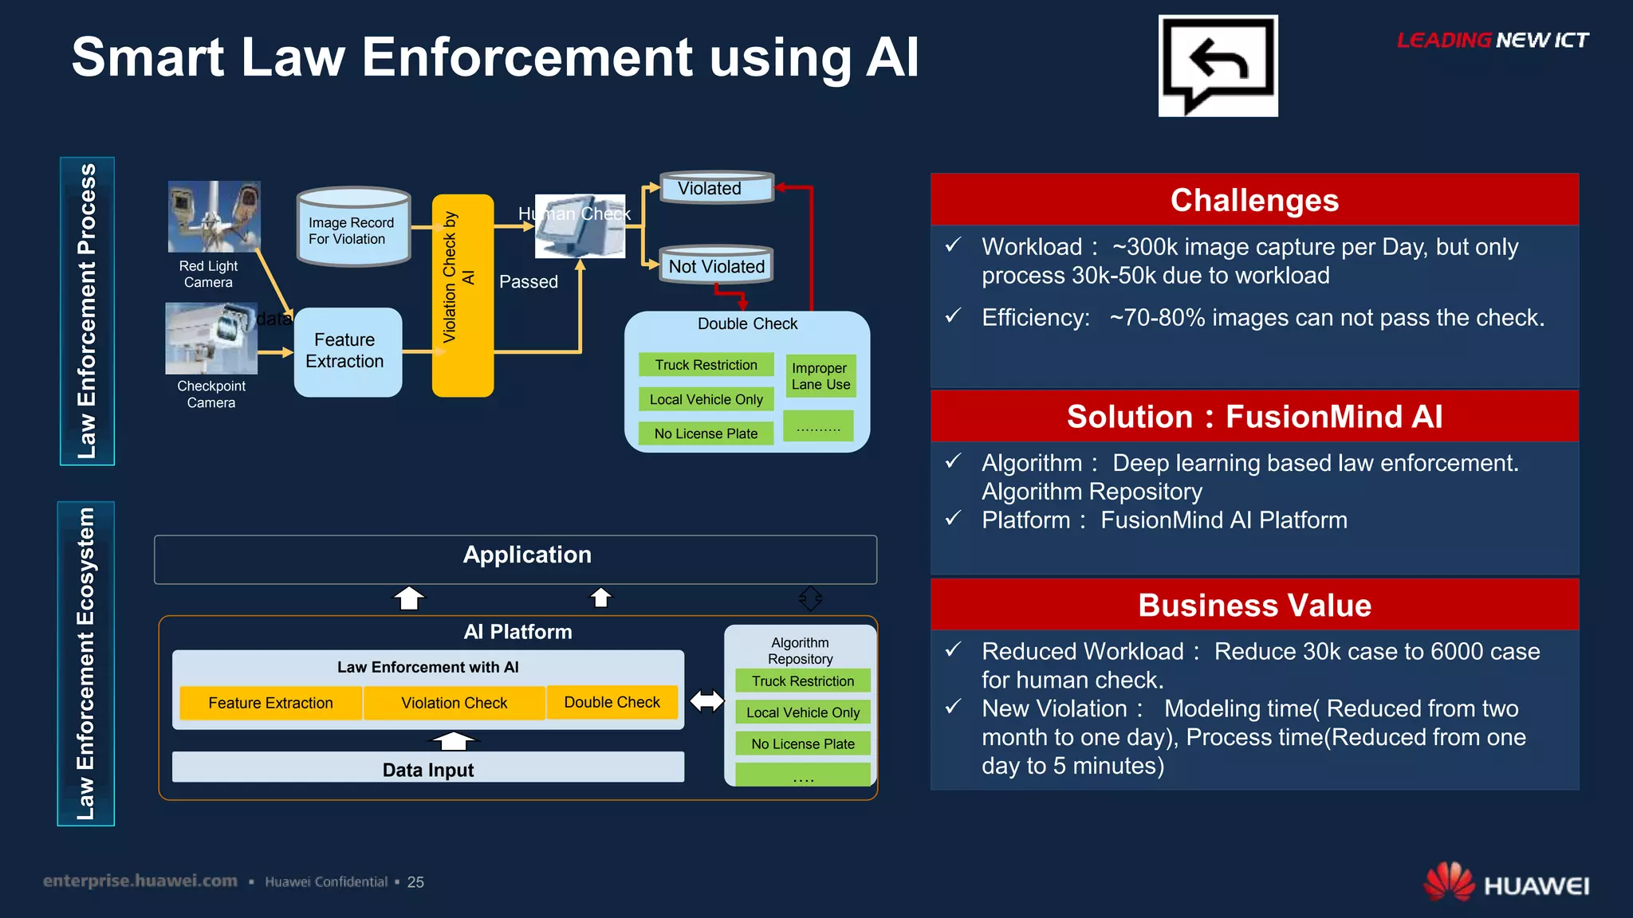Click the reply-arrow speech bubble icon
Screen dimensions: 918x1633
click(x=1218, y=65)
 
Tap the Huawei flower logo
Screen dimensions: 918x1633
click(x=1449, y=882)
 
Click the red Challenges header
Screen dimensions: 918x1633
click(x=1254, y=200)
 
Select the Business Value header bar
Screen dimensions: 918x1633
click(x=1254, y=605)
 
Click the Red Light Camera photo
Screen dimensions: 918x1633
click(x=214, y=216)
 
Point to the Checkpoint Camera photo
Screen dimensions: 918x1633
click(x=211, y=338)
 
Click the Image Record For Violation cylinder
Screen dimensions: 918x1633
click(x=353, y=228)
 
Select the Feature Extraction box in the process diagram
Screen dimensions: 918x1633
click(x=348, y=351)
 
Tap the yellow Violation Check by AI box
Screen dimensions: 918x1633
click(x=462, y=295)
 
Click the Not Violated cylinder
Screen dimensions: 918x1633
click(x=716, y=265)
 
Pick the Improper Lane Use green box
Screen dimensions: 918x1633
click(x=820, y=376)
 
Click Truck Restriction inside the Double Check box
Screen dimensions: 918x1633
click(x=706, y=365)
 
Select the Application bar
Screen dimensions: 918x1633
click(x=515, y=559)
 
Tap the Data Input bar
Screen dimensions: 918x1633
click(x=428, y=768)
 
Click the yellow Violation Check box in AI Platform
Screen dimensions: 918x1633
click(x=454, y=703)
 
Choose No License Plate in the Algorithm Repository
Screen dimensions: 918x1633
click(x=802, y=743)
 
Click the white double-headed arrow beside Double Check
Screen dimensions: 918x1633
click(x=706, y=701)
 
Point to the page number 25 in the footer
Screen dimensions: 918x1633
click(x=415, y=882)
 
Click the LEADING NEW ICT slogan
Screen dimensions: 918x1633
click(x=1492, y=41)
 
